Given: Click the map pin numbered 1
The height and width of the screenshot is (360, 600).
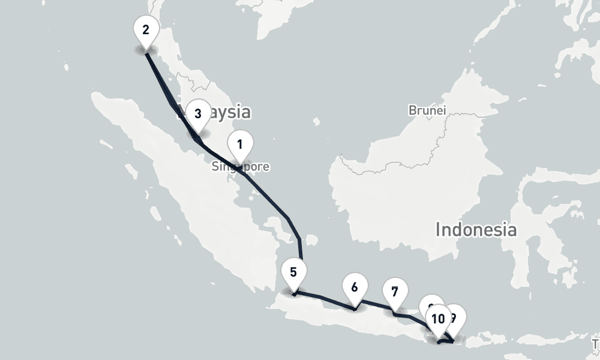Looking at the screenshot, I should (x=240, y=145).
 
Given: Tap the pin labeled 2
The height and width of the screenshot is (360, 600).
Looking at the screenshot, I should (x=146, y=29).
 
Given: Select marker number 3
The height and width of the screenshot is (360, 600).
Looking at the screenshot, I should (x=197, y=113).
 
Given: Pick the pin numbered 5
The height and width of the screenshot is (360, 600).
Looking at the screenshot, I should (x=293, y=272).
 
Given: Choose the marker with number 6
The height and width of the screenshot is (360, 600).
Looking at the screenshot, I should (x=355, y=287).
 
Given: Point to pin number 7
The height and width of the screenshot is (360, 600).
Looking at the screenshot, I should (x=394, y=292).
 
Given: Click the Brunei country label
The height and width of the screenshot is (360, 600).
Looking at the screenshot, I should (x=427, y=110).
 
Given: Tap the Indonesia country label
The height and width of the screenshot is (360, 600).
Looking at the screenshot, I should (x=476, y=229).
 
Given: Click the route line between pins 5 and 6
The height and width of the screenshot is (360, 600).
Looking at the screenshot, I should (x=324, y=301).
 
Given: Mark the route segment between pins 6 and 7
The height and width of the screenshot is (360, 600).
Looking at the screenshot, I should (x=376, y=305).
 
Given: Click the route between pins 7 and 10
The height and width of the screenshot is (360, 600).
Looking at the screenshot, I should (x=415, y=316).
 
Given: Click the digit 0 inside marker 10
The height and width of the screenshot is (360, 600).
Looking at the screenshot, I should (x=442, y=318).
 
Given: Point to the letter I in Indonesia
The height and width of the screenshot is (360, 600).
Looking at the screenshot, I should (x=439, y=229).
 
